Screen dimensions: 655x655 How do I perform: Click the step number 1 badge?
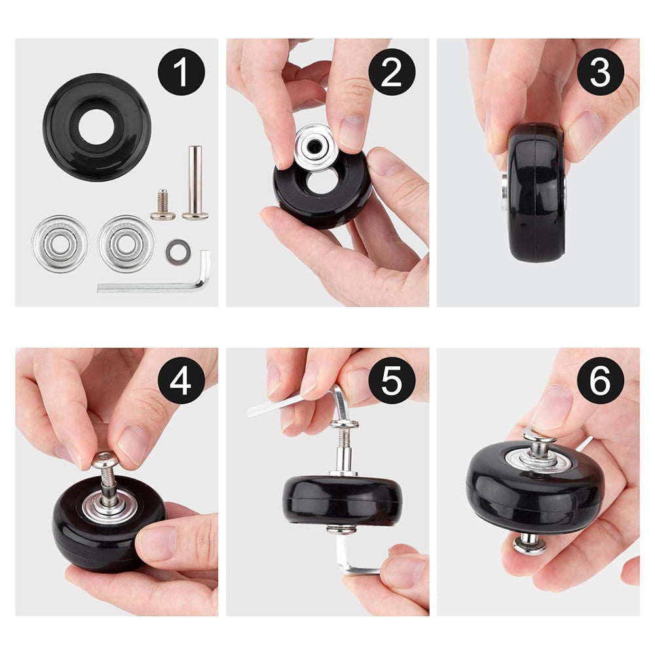pos(181,72)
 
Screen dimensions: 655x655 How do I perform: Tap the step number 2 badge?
pos(392,72)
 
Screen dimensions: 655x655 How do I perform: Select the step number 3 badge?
pos(601,72)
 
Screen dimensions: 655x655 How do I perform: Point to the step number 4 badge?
pos(181,380)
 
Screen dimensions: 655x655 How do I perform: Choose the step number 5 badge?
pos(392,380)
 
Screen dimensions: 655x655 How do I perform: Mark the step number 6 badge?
pos(601,380)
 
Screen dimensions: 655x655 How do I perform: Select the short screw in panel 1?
pos(162,205)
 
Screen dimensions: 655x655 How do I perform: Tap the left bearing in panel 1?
pos(60,243)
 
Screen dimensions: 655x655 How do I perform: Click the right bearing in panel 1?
pos(126,243)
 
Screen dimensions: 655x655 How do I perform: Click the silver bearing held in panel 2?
pos(316,147)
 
